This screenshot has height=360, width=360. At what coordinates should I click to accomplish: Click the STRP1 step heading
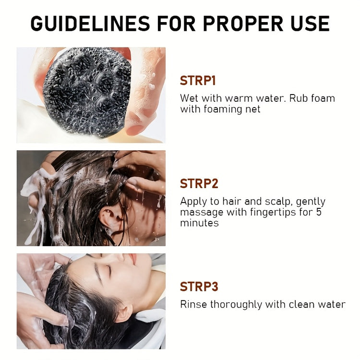point(198,81)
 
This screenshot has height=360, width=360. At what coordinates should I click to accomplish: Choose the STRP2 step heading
point(198,183)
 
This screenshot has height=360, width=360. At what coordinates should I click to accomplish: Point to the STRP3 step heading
point(199,287)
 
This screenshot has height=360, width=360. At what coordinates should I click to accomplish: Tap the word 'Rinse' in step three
point(192,304)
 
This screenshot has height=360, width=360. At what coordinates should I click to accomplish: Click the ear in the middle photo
point(106,217)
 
